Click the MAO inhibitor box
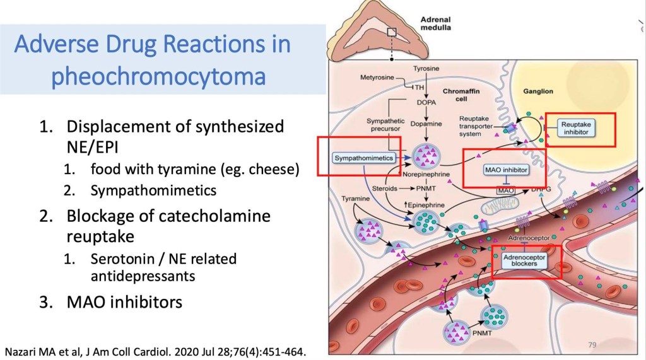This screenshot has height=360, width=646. (506, 170)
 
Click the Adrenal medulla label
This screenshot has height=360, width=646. (435, 23)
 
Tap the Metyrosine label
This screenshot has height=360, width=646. (377, 78)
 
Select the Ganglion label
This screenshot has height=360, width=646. (537, 91)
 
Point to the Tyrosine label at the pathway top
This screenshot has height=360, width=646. (426, 67)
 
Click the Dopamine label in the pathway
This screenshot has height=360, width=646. (426, 125)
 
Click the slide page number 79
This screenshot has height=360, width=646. (592, 344)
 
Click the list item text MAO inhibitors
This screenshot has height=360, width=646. (124, 302)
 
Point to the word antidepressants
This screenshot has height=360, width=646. (143, 276)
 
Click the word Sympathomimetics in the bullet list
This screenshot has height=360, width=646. (153, 190)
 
